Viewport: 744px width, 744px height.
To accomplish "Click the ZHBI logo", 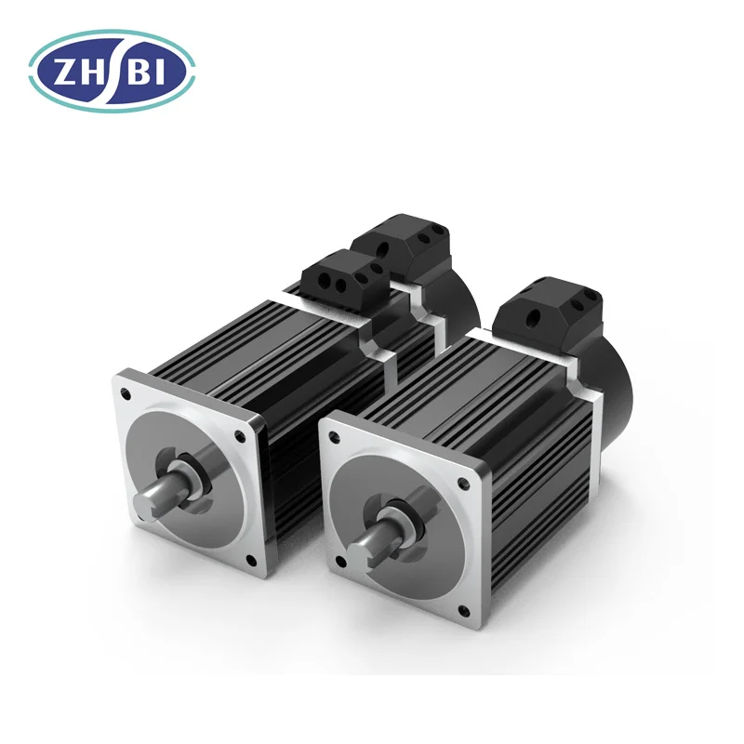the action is [x=112, y=72].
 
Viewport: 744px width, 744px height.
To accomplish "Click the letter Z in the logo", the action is [x=64, y=73].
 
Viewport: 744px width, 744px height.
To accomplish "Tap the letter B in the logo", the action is [x=139, y=73].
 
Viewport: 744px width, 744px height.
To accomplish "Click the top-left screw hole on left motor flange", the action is [x=126, y=393].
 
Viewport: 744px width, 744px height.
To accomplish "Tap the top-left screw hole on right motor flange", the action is [x=335, y=436].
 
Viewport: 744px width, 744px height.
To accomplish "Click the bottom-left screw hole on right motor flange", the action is [x=339, y=563].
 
